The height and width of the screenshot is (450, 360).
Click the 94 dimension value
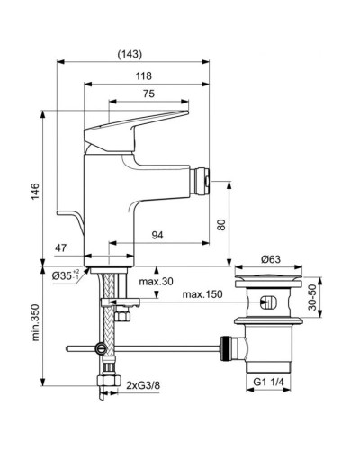coord(157,236)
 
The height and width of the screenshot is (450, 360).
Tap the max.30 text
coord(157,282)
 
